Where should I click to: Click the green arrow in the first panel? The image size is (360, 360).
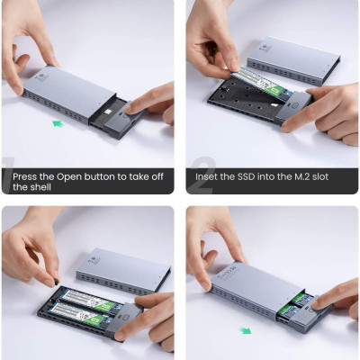click(58, 123)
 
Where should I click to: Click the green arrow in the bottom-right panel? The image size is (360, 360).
click(246, 330)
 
